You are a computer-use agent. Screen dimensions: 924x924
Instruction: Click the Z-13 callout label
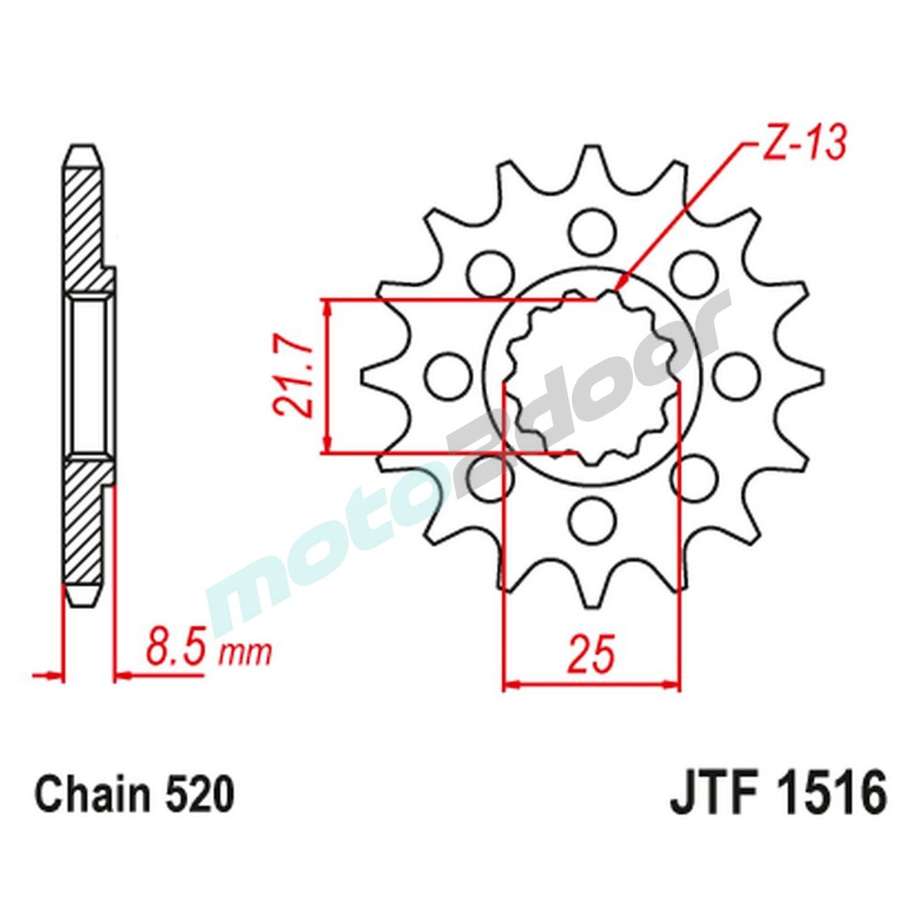click(x=801, y=146)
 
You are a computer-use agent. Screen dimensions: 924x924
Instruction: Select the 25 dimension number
click(x=590, y=655)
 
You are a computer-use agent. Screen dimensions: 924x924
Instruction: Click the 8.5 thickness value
click(x=176, y=649)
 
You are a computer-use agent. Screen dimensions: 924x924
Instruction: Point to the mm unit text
click(x=245, y=654)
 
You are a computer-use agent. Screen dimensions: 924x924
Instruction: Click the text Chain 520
click(x=133, y=796)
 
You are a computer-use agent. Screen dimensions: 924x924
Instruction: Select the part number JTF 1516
click(x=777, y=795)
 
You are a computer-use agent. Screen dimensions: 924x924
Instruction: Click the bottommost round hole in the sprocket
click(x=591, y=521)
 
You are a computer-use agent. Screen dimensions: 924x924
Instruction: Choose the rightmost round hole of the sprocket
click(x=737, y=375)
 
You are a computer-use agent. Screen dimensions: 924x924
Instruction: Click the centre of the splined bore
click(x=591, y=376)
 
